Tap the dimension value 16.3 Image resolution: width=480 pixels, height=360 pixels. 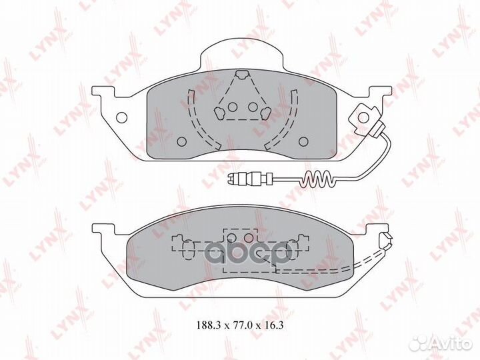coord(273,325)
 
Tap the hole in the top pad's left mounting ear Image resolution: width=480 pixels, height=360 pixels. coord(122,117)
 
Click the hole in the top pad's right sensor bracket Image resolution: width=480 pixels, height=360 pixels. coord(363,117)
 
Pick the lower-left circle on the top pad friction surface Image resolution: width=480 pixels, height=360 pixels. coord(182,141)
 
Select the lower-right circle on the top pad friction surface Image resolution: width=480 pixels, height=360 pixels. coord(303,141)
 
